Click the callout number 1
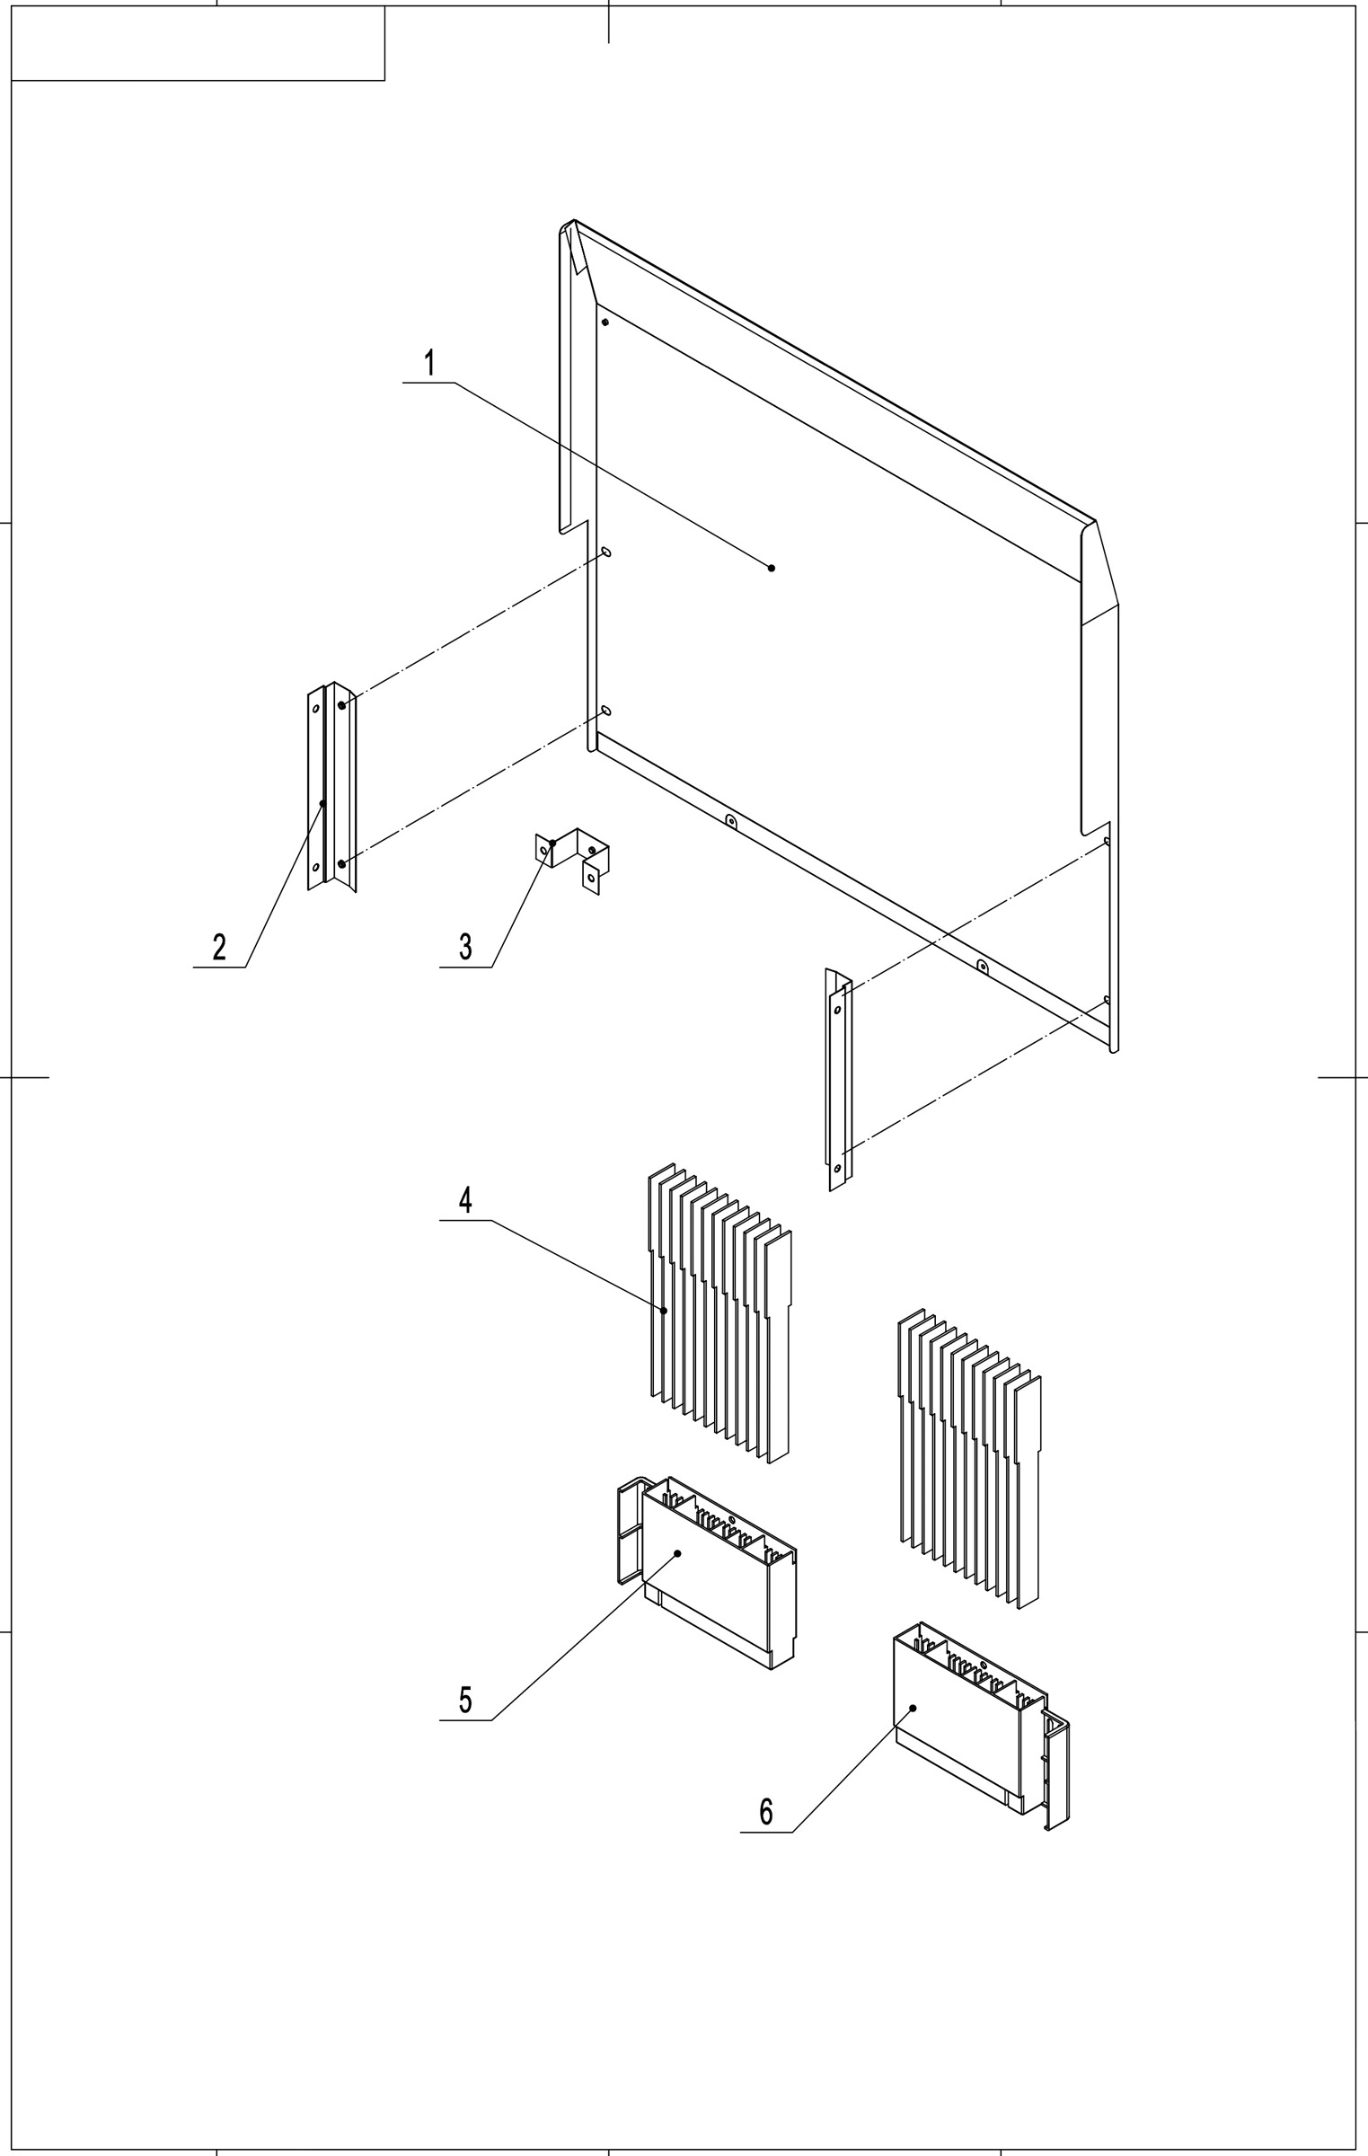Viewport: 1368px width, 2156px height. [430, 364]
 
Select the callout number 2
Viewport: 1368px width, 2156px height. [219, 948]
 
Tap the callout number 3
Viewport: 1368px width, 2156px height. [465, 948]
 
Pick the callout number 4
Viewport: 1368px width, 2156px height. [465, 1201]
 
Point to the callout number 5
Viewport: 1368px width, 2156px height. [465, 1701]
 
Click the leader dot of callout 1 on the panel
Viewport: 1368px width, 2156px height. [772, 568]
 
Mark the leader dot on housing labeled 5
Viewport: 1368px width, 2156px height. [677, 1553]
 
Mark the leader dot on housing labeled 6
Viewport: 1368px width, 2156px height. [913, 1708]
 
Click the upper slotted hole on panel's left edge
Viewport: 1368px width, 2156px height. [606, 551]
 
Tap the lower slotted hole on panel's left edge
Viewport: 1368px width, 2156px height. [606, 711]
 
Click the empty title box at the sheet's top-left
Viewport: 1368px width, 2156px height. [198, 43]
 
